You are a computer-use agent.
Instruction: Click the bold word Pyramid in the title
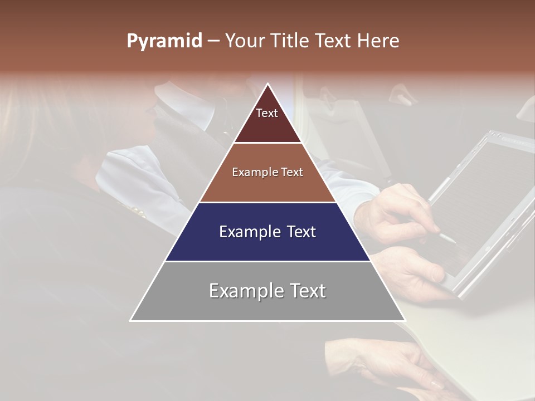pos(164,41)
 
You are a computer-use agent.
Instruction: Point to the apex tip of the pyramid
pos(268,85)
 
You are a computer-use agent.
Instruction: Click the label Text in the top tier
pos(267,113)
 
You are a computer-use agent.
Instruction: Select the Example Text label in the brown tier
pos(267,172)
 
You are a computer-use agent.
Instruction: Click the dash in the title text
pos(213,41)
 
